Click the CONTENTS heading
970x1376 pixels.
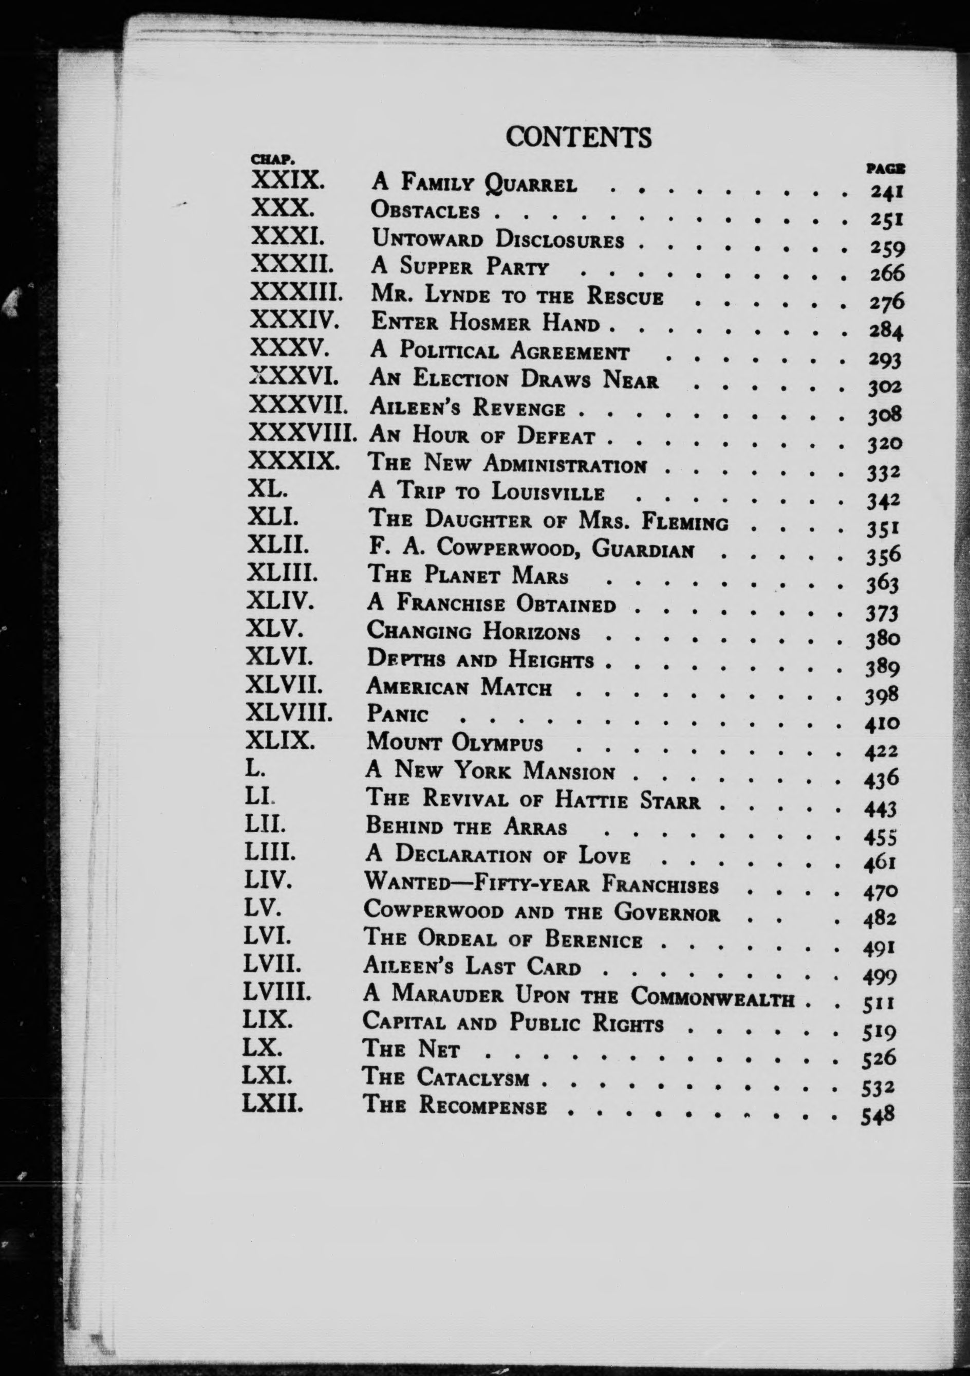(578, 138)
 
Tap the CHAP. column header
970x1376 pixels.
(271, 160)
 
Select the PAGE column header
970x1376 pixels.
(885, 170)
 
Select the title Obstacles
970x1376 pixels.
(425, 210)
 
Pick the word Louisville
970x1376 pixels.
(548, 492)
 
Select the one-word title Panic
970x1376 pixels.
(397, 714)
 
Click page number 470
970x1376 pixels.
(880, 892)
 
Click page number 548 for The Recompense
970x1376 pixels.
(878, 1115)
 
